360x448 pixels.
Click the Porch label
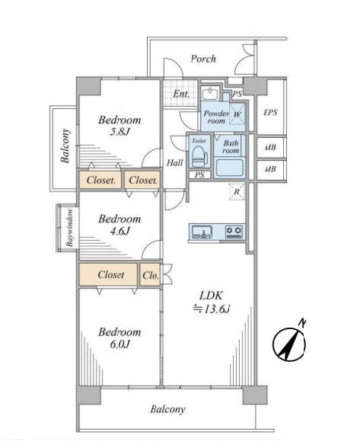(203, 59)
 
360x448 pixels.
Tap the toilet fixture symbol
(199, 156)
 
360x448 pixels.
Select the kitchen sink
(202, 232)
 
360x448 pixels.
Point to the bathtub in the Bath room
(230, 168)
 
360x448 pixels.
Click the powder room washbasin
(210, 94)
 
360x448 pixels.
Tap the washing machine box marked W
(237, 114)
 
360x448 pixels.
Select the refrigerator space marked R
(237, 192)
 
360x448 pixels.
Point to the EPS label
(270, 112)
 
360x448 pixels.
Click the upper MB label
(270, 148)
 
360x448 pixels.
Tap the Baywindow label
(70, 228)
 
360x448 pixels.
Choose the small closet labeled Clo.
(150, 275)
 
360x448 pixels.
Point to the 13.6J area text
(212, 309)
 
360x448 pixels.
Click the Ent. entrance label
(181, 94)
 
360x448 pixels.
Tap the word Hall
(175, 163)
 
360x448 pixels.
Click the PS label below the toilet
(199, 174)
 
